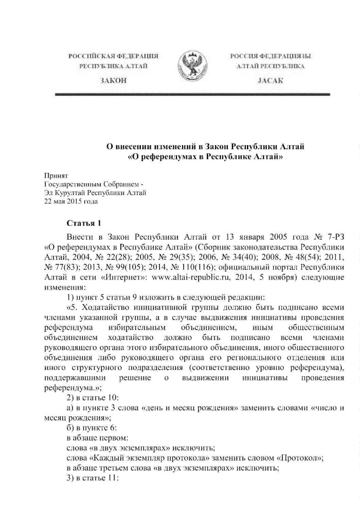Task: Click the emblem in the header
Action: click(192, 67)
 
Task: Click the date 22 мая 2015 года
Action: click(71, 201)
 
